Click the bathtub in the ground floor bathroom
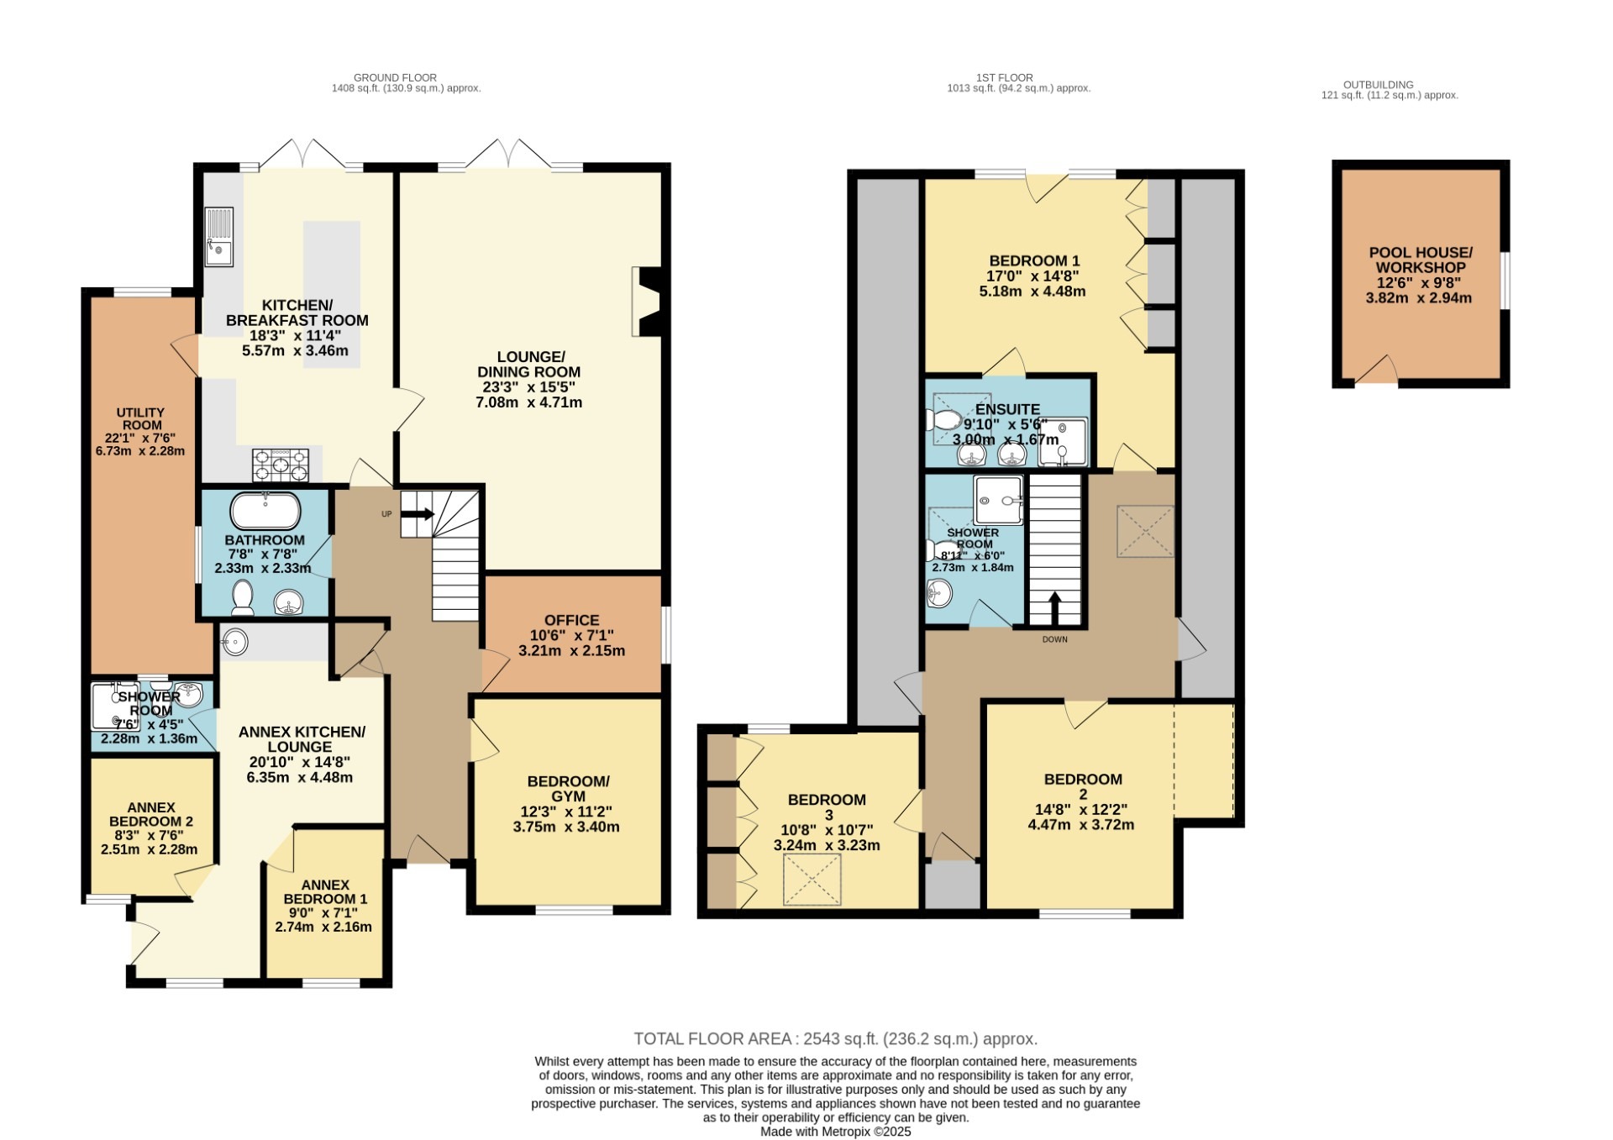[265, 510]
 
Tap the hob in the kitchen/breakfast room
[281, 465]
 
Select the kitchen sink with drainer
[219, 237]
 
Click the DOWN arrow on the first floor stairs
[1053, 607]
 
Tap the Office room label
[571, 621]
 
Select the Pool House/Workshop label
[1420, 260]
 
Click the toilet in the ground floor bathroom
[243, 597]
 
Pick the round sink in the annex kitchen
[235, 644]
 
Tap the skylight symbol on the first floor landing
[1145, 531]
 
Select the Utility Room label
[140, 418]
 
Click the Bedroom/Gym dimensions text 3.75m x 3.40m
[566, 827]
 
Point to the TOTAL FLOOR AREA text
[835, 1039]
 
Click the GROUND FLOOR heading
[395, 77]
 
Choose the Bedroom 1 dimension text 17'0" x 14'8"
[1032, 276]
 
